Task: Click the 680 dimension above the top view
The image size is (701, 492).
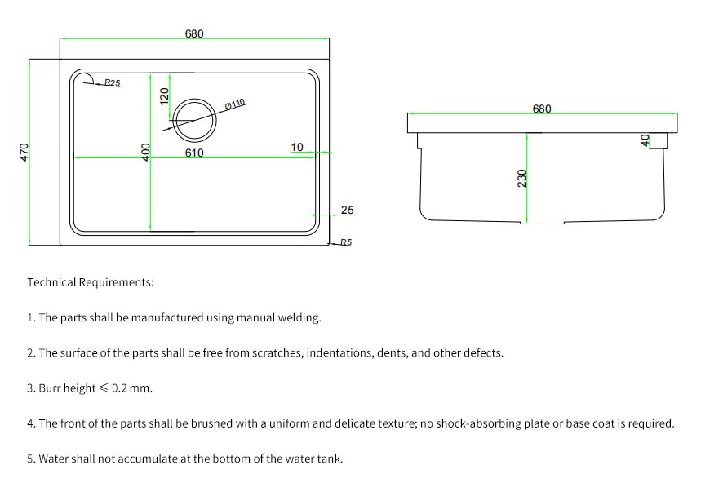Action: pyautogui.click(x=194, y=33)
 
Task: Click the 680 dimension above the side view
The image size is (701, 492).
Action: pyautogui.click(x=542, y=109)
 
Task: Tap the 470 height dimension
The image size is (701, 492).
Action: pyautogui.click(x=24, y=152)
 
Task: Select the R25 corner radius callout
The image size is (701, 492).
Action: pyautogui.click(x=113, y=83)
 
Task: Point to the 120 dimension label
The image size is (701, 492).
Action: pyautogui.click(x=164, y=96)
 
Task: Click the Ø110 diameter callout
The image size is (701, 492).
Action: pyautogui.click(x=235, y=104)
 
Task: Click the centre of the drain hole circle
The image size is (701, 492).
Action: pyautogui.click(x=194, y=120)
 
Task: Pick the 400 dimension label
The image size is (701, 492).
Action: pyautogui.click(x=146, y=153)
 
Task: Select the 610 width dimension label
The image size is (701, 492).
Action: pyautogui.click(x=194, y=153)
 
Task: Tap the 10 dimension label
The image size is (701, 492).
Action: pyautogui.click(x=297, y=147)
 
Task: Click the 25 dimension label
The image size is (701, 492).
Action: pyautogui.click(x=348, y=210)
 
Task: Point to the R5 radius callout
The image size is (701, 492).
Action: pyautogui.click(x=346, y=242)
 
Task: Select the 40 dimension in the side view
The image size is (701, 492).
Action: pyautogui.click(x=646, y=140)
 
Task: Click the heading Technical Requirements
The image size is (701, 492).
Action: pyautogui.click(x=91, y=282)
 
